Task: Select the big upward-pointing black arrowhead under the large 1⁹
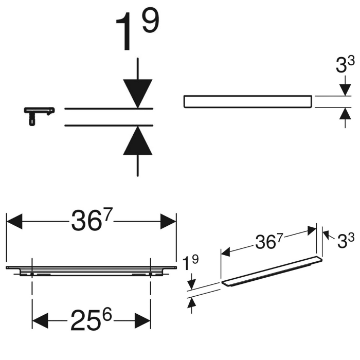[138, 141]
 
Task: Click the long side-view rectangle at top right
[247, 101]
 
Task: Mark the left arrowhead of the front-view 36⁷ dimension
[14, 222]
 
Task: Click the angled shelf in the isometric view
[272, 272]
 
